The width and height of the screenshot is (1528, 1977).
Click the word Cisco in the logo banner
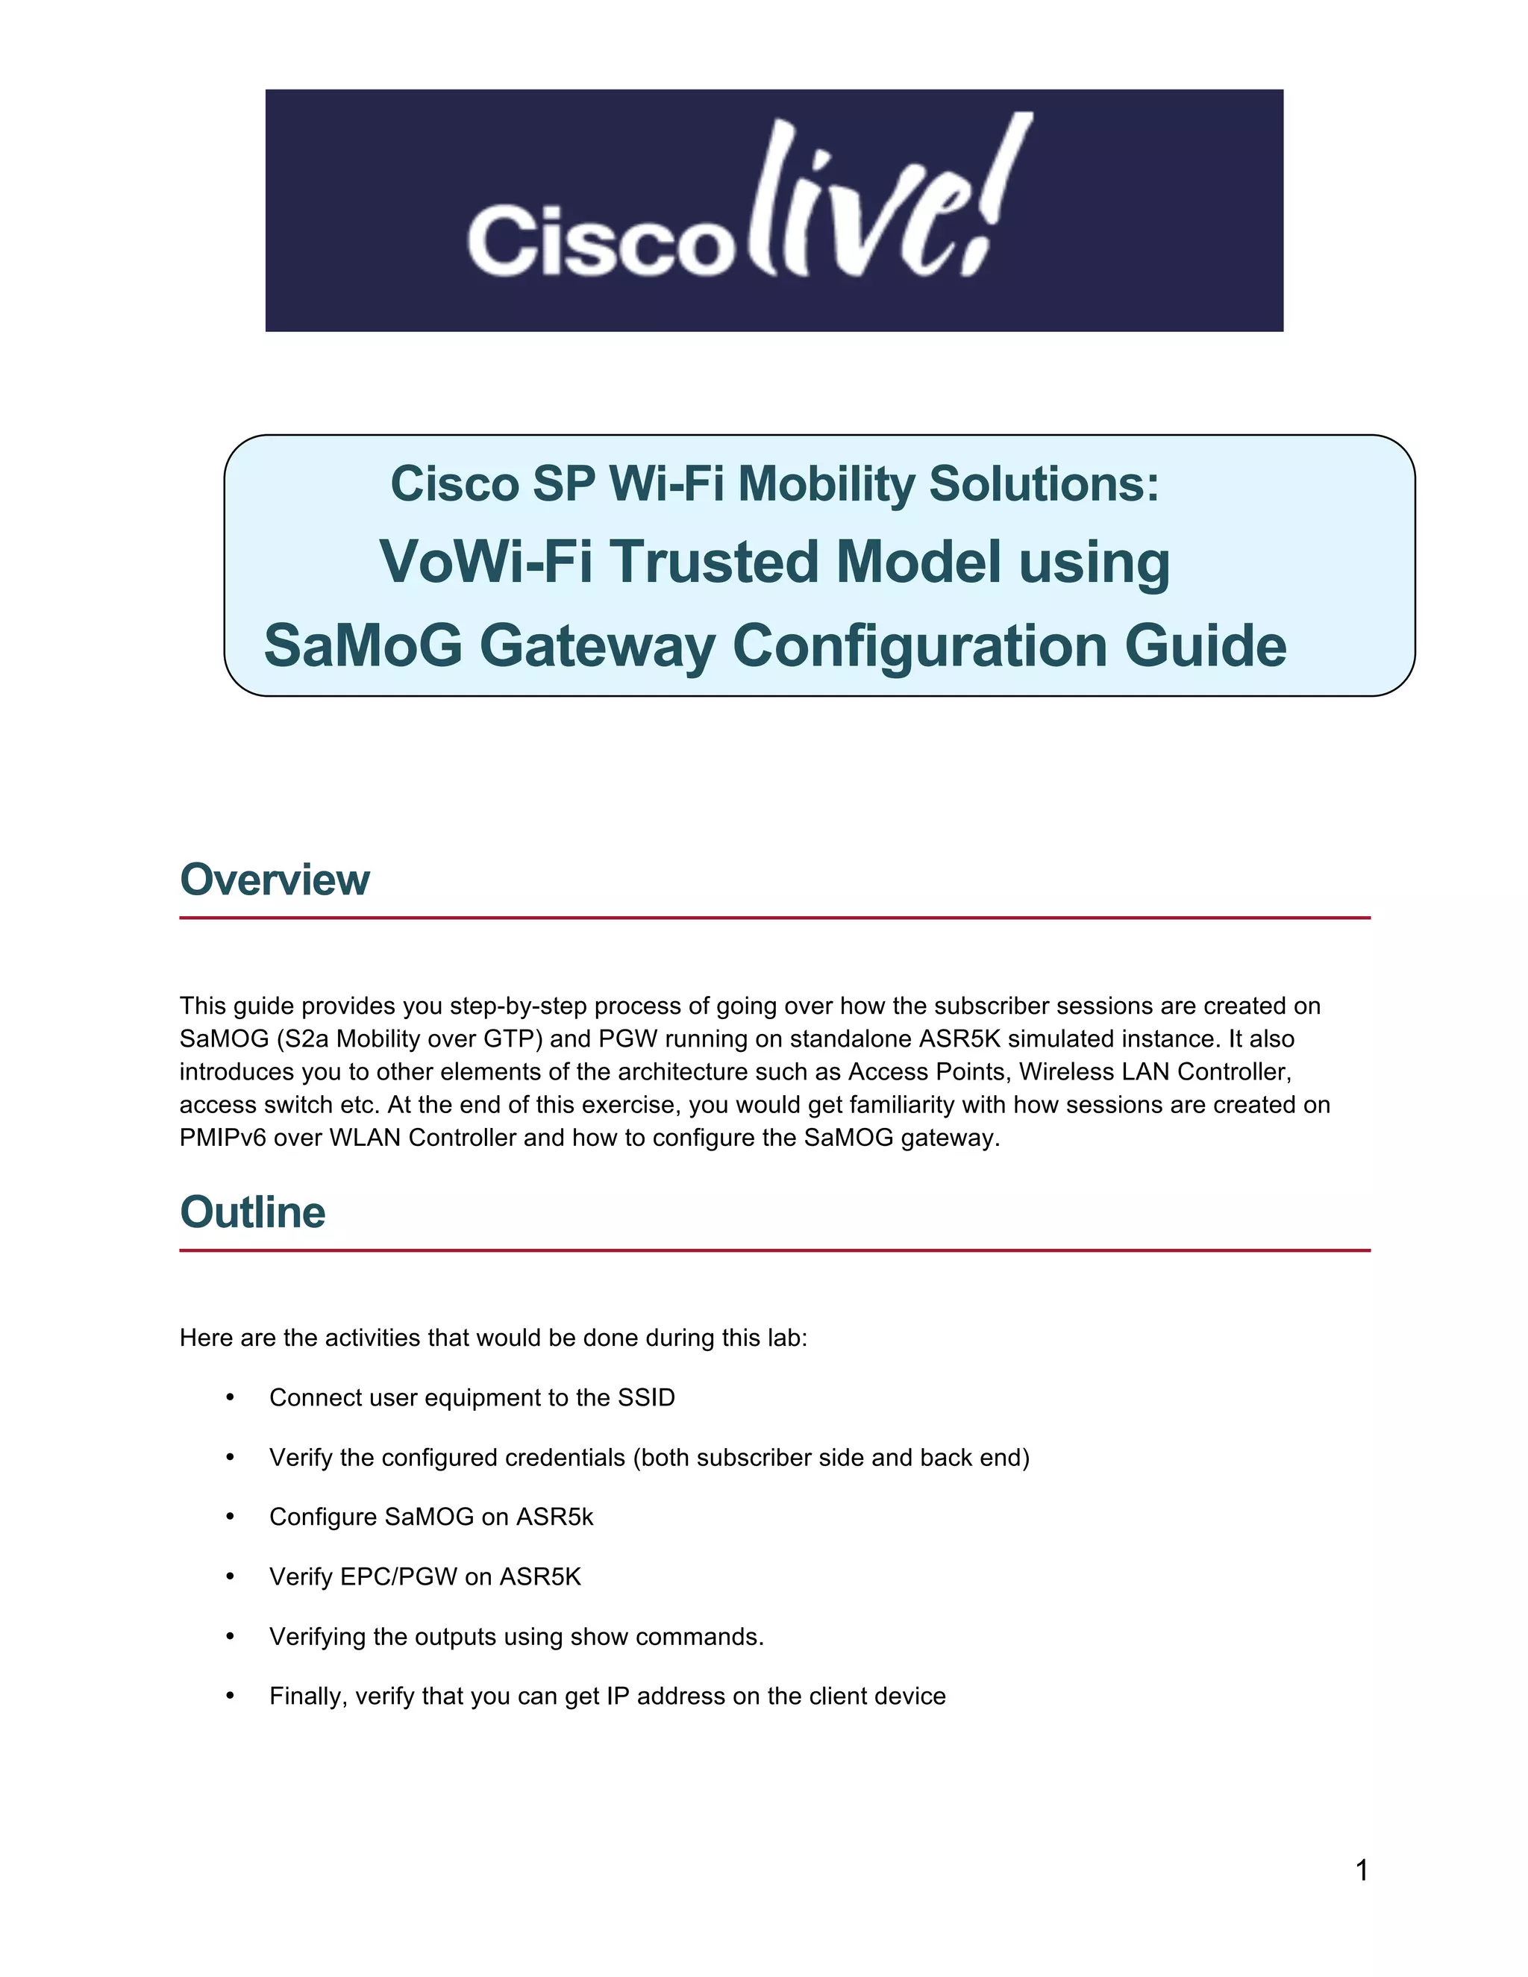point(599,240)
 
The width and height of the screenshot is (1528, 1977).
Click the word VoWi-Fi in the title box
point(485,563)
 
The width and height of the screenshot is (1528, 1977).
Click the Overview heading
point(275,880)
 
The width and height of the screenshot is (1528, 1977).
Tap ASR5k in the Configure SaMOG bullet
point(554,1517)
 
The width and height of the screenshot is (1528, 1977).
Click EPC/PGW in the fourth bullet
point(399,1577)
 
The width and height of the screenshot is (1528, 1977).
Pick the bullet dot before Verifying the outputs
point(230,1637)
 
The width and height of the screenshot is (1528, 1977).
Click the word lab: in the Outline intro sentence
point(786,1338)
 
